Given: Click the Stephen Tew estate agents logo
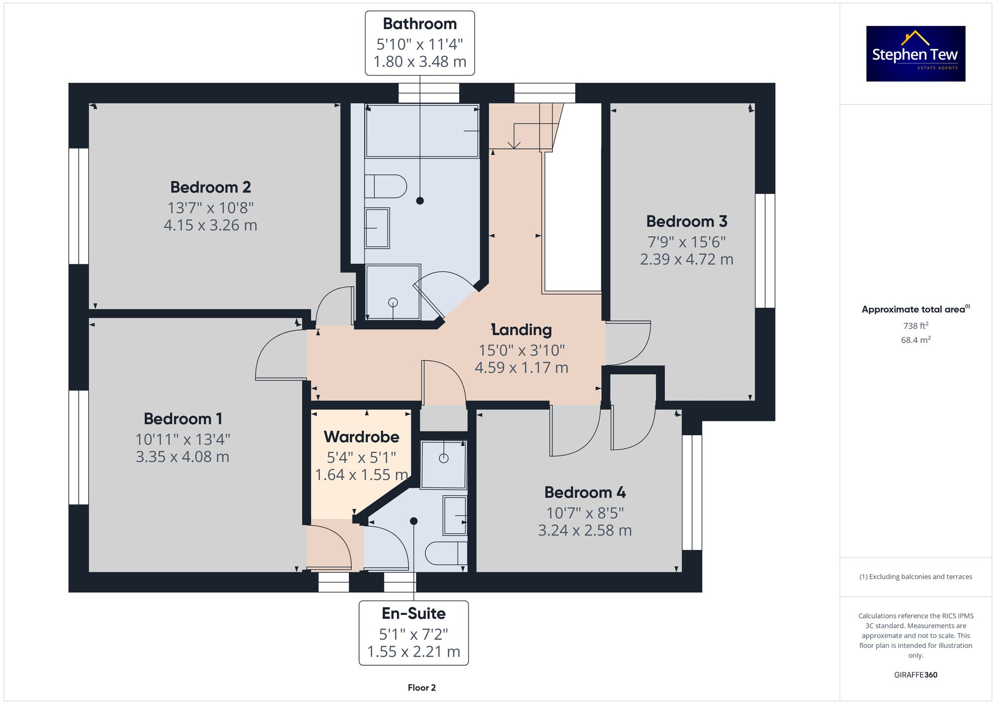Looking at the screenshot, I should pos(915,54).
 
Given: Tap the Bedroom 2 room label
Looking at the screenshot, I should pos(210,187).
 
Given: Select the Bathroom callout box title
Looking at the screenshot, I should pos(419,24).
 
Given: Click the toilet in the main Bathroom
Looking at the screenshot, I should pos(386,187).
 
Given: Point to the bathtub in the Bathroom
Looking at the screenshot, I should pos(421,131).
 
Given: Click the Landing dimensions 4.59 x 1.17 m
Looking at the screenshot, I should pos(521,368).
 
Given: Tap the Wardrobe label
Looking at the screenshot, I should pos(362,437).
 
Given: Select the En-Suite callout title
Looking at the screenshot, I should pos(413,613).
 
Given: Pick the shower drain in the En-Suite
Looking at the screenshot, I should pos(444,459).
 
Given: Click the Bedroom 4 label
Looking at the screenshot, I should pos(585,493).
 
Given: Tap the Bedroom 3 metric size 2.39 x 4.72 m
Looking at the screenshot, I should pos(686,259).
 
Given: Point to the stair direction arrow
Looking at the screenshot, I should pos(513,144).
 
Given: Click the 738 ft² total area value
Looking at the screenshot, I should pos(915,326).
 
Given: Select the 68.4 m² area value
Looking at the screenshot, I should pos(915,340).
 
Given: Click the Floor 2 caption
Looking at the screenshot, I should pos(421,688).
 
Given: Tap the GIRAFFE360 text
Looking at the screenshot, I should pos(915,675).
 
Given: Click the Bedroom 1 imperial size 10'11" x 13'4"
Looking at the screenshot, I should pos(183,439).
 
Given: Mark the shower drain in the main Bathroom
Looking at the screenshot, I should pos(393,302).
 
